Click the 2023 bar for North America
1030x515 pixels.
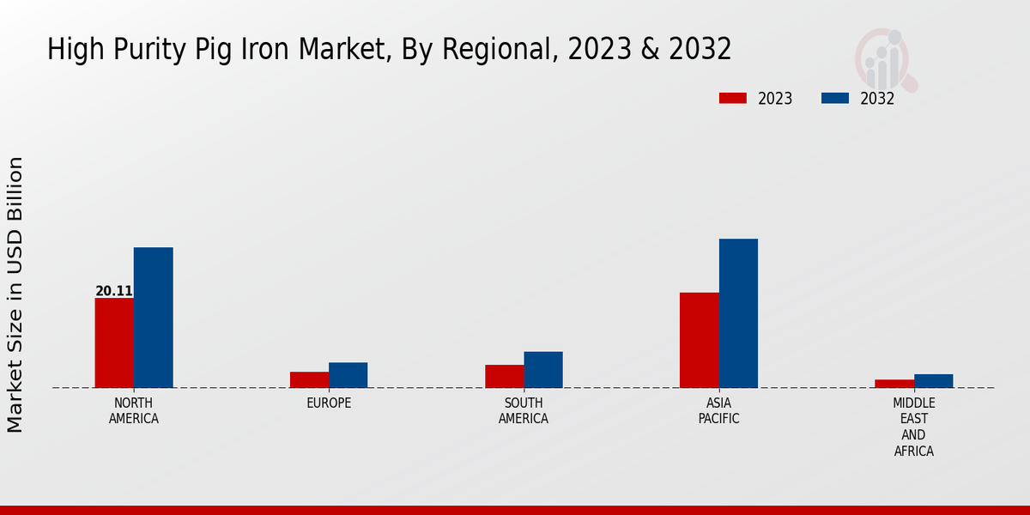click(114, 342)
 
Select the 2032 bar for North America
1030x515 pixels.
click(153, 318)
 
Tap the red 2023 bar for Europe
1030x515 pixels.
click(309, 379)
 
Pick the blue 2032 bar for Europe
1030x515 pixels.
click(348, 375)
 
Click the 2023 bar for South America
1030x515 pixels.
click(504, 376)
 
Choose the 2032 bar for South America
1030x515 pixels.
click(543, 370)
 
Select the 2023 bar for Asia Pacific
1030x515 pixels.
click(699, 340)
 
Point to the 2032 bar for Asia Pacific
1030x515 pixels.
click(738, 313)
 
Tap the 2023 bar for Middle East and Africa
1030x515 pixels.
click(894, 384)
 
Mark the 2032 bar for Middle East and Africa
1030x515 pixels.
click(933, 381)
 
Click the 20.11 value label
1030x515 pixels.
click(114, 291)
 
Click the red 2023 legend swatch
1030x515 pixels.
click(732, 99)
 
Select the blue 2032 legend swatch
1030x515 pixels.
click(834, 99)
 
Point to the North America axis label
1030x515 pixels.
click(134, 411)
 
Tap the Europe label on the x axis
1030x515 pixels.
click(329, 403)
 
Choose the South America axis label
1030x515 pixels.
click(524, 411)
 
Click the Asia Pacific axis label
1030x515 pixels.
click(718, 411)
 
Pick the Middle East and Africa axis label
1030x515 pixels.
click(913, 427)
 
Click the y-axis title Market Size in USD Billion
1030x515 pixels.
click(15, 294)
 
